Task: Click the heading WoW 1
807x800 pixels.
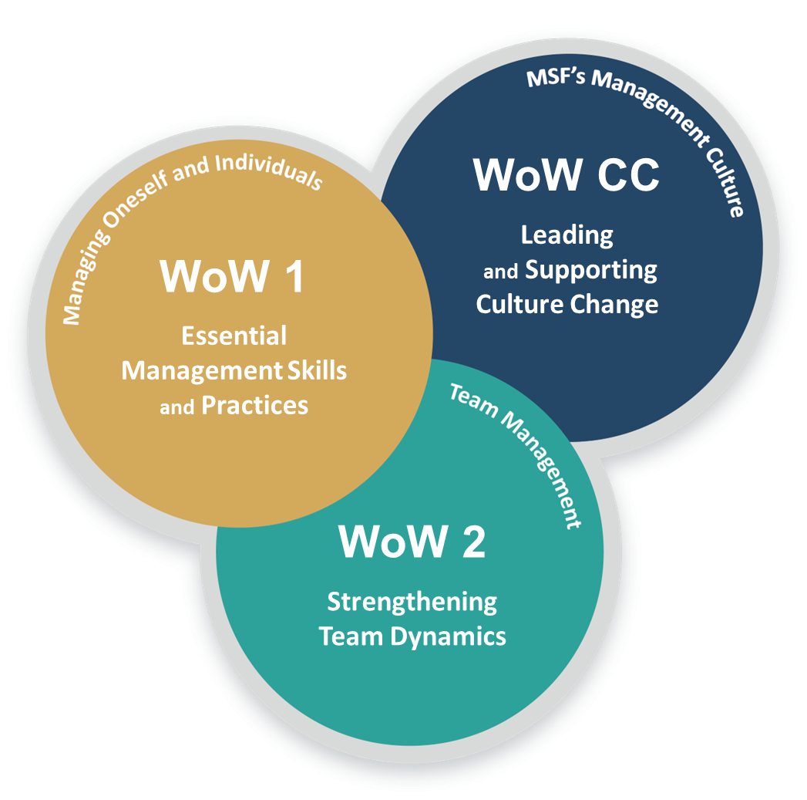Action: pyautogui.click(x=232, y=276)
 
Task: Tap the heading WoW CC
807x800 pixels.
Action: pyautogui.click(x=567, y=175)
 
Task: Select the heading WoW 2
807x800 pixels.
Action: pyautogui.click(x=412, y=542)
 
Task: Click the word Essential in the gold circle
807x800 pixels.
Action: pyautogui.click(x=234, y=336)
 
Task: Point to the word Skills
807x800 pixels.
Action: pyautogui.click(x=317, y=370)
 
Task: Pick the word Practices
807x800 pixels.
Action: pyautogui.click(x=254, y=406)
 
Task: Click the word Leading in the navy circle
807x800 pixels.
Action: pyautogui.click(x=567, y=235)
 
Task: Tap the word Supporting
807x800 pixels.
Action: pyautogui.click(x=591, y=270)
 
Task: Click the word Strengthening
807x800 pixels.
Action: pyautogui.click(x=412, y=601)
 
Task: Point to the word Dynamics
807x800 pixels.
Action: pyautogui.click(x=458, y=636)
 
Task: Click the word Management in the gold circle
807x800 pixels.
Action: pyautogui.click(x=201, y=371)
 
